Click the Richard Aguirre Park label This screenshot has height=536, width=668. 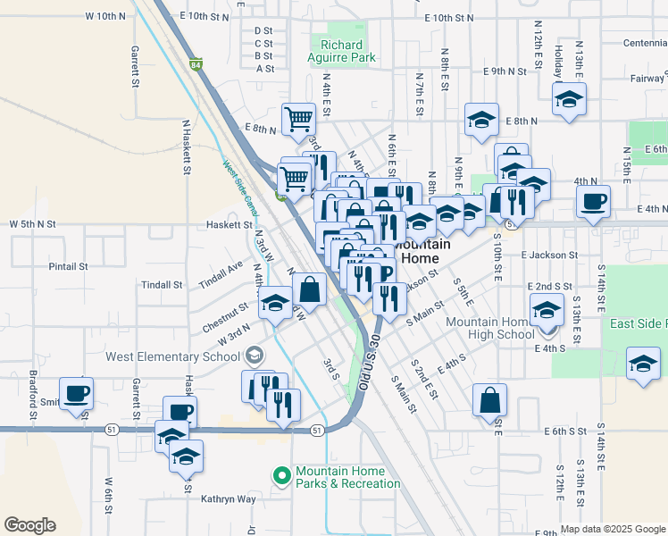click(341, 51)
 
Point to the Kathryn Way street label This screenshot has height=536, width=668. click(228, 499)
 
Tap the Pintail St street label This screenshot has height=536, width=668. click(69, 266)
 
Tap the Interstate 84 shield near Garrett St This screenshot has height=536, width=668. click(196, 65)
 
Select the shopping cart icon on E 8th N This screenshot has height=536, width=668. click(298, 118)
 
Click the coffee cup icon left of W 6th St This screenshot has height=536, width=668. click(77, 392)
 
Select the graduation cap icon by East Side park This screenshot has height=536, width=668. click(641, 364)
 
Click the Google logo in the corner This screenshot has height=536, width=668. click(29, 524)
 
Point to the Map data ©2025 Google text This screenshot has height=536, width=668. click(612, 529)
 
